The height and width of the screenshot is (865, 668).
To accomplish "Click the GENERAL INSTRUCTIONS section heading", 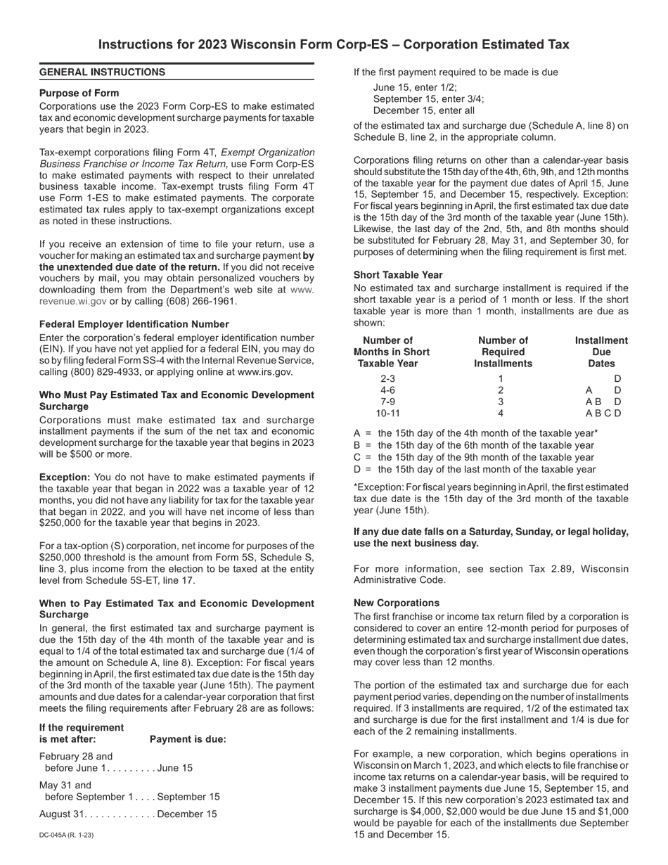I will (x=102, y=72).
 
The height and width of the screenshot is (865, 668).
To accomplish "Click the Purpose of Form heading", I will (x=79, y=93).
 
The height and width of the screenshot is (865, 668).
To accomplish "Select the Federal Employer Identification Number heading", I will (x=134, y=324).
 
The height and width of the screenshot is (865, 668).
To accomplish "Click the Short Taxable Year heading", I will (x=397, y=275).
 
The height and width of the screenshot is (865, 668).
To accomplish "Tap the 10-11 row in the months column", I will (x=387, y=413).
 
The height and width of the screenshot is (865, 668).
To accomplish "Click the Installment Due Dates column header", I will (x=601, y=352).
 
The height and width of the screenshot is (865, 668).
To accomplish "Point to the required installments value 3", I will (x=501, y=402).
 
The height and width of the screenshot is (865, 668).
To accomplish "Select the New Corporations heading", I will (x=396, y=603).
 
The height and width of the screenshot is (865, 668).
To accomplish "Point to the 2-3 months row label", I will (x=387, y=378).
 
